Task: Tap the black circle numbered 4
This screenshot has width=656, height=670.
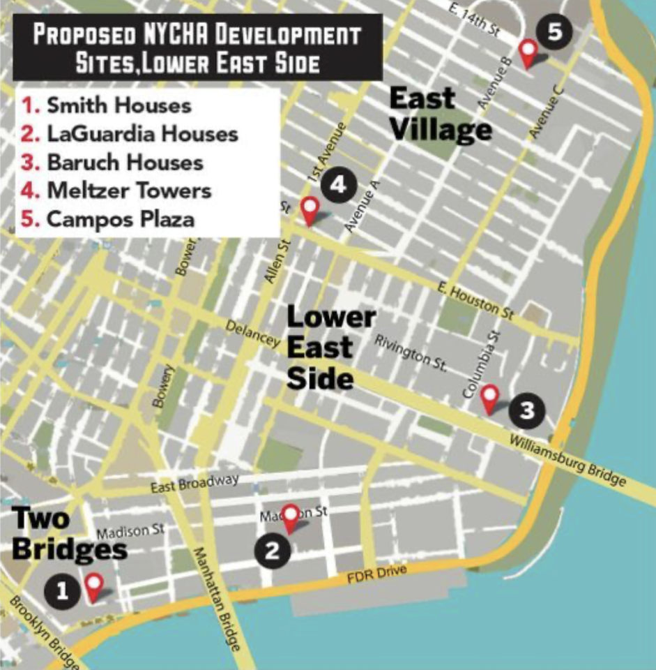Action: [338, 186]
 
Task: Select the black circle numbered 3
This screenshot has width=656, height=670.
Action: [527, 410]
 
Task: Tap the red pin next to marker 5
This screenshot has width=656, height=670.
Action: [529, 52]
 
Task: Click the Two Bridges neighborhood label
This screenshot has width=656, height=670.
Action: [70, 534]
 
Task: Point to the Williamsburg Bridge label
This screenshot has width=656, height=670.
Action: [565, 461]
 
